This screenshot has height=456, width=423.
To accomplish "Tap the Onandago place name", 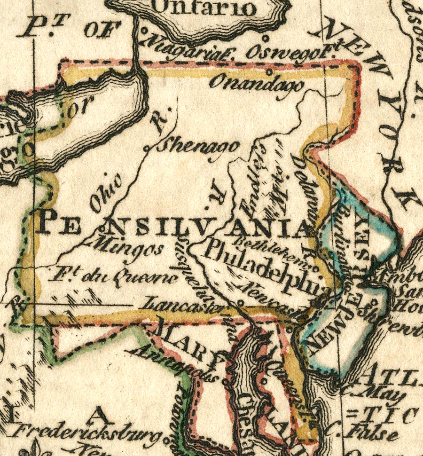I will (257, 85).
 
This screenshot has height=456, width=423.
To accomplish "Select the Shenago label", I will (198, 146).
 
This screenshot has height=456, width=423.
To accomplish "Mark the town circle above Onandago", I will (269, 72).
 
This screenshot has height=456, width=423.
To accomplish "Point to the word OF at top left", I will (99, 29).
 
